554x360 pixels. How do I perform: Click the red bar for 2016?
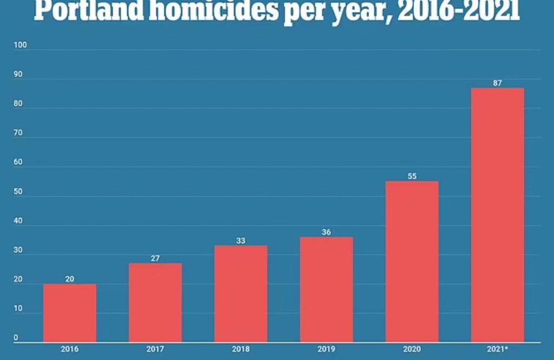click(70, 313)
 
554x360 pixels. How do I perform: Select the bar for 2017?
click(155, 303)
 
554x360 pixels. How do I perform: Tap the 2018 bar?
click(241, 293)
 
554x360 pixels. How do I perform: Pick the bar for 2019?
click(326, 290)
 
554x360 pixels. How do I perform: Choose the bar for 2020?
click(412, 261)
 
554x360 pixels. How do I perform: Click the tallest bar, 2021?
click(497, 215)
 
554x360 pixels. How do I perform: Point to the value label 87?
click(497, 83)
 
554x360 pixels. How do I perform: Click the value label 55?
click(412, 176)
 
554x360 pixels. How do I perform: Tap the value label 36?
click(326, 232)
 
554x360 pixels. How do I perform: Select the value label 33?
click(241, 240)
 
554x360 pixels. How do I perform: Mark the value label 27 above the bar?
click(155, 258)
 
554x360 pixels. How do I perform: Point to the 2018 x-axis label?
click(241, 349)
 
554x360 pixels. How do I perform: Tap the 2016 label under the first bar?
click(70, 349)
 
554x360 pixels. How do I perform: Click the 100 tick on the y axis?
click(20, 45)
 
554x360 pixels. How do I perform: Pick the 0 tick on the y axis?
click(16, 338)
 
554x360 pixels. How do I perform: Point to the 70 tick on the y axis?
click(18, 133)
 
